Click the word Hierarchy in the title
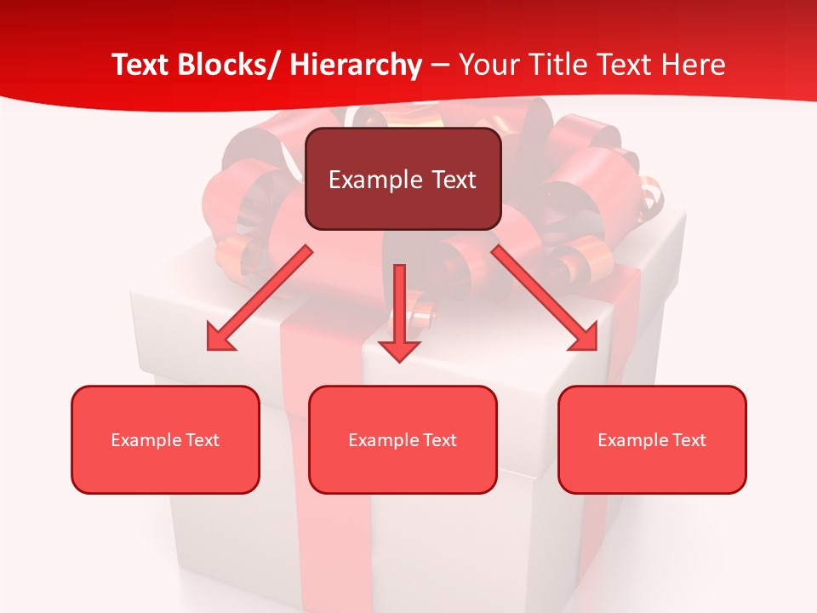click(x=356, y=65)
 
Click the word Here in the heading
click(x=692, y=65)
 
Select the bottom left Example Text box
click(x=165, y=439)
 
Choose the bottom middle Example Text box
click(x=403, y=439)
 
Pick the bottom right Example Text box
click(x=652, y=439)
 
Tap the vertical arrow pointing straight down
click(x=399, y=306)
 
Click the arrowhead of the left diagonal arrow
click(x=220, y=339)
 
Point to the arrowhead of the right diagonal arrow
click(x=584, y=338)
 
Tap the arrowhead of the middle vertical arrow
click(x=399, y=348)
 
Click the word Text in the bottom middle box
click(x=439, y=440)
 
